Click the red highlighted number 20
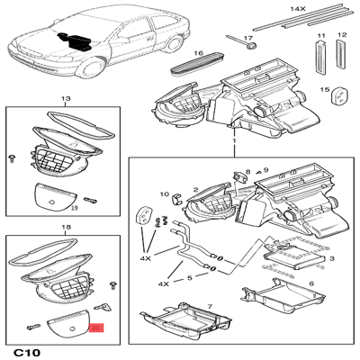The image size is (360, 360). [97, 330]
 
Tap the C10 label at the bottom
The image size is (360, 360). [30, 351]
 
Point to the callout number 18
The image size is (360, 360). [63, 229]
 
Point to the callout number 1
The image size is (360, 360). [234, 143]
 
